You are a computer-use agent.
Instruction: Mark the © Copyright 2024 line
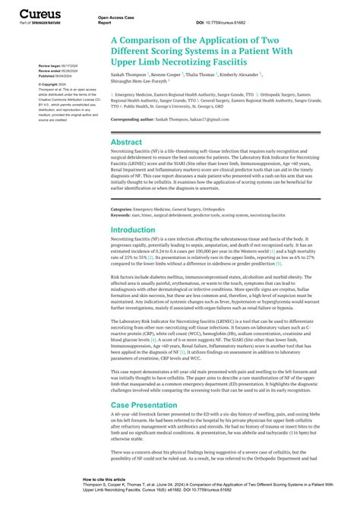click(52, 84)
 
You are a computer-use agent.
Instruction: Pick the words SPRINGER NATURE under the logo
click(36, 24)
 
